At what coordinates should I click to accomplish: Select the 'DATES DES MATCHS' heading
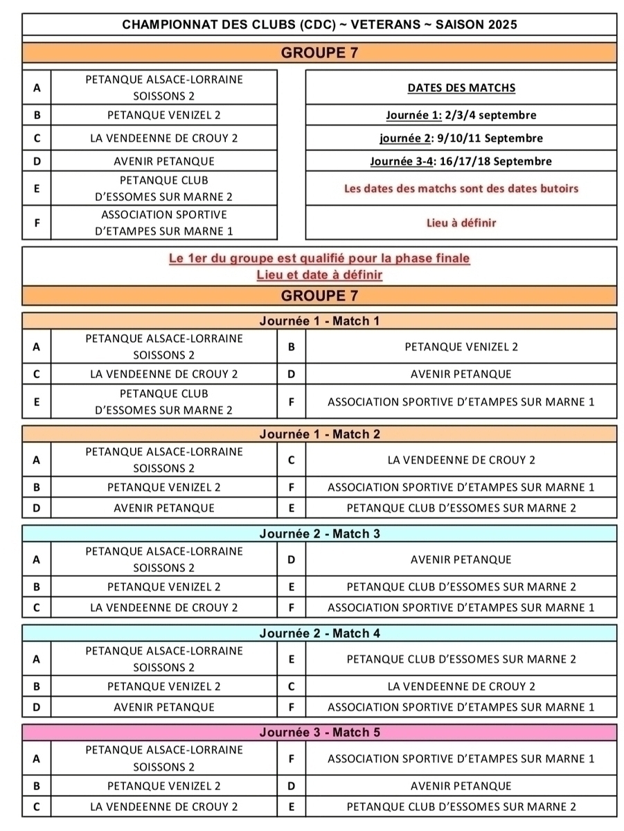(x=461, y=88)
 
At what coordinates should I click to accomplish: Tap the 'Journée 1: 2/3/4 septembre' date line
(x=461, y=115)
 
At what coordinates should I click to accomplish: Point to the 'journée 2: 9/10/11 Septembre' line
(x=461, y=138)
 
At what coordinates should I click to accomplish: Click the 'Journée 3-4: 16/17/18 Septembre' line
(x=461, y=161)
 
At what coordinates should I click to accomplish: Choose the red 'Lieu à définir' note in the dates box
(x=461, y=223)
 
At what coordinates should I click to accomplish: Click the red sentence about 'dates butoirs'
(x=461, y=188)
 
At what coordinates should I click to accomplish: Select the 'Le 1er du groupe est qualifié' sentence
(x=319, y=258)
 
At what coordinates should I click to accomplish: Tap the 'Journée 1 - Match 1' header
(x=319, y=321)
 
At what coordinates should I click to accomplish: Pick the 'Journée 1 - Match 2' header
(x=319, y=434)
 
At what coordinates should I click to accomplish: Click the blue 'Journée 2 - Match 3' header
(x=319, y=534)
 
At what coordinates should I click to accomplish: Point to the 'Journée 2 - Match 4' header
(x=319, y=633)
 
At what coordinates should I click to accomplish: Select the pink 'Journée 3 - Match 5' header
(x=319, y=732)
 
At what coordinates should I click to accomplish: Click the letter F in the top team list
(x=37, y=223)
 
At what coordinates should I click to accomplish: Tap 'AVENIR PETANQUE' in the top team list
(x=164, y=161)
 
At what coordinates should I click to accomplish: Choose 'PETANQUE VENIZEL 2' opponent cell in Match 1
(x=461, y=347)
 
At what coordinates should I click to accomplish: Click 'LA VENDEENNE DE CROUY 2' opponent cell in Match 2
(x=461, y=460)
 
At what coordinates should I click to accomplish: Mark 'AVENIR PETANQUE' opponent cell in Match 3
(x=461, y=560)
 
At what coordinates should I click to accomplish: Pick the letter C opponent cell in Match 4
(x=292, y=686)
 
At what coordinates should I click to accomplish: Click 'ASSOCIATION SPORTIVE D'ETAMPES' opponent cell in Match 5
(x=461, y=758)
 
